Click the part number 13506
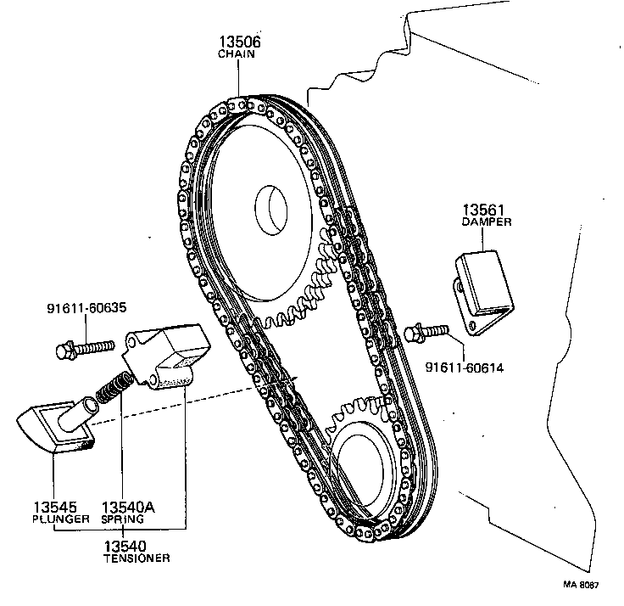coord(237,42)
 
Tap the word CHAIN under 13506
coord(237,54)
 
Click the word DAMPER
coord(484,222)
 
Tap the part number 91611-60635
coord(83,310)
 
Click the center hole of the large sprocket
coord(273,207)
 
